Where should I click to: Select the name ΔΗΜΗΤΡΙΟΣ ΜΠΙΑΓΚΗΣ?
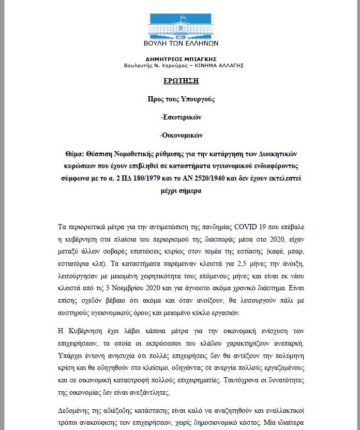point(181,59)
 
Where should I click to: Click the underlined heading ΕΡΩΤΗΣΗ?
point(181,81)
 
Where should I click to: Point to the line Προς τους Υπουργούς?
point(181,98)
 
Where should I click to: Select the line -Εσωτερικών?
point(181,117)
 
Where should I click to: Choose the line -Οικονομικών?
point(181,136)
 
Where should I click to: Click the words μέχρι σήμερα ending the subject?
point(181,190)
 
